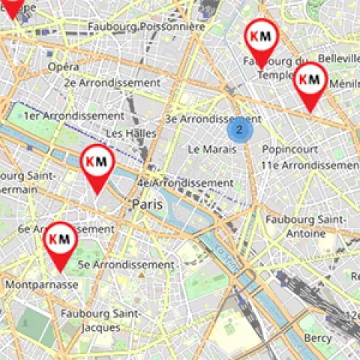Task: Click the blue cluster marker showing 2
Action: tap(239, 130)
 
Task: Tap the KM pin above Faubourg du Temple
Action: tap(262, 37)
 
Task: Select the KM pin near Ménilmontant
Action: tap(309, 79)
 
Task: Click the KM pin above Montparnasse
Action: tap(59, 240)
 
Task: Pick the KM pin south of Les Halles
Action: tap(97, 162)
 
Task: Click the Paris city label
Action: tap(148, 204)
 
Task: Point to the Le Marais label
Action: tap(213, 149)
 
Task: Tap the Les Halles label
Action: tap(131, 133)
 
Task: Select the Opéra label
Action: tap(64, 67)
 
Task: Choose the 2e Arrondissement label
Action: tap(112, 82)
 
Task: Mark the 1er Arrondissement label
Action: tap(73, 116)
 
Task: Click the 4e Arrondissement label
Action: tap(185, 182)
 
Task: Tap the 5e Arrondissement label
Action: tap(126, 265)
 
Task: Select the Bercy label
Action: tap(318, 338)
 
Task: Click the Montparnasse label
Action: tap(41, 285)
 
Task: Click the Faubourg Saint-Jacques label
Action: tap(96, 319)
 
